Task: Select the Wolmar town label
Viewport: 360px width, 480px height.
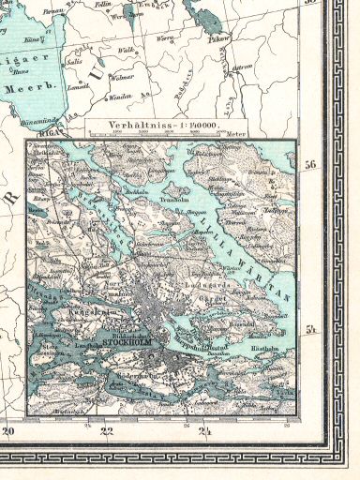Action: (x=123, y=78)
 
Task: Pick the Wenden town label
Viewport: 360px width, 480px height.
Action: (x=120, y=97)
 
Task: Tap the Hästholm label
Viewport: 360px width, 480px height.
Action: (x=265, y=348)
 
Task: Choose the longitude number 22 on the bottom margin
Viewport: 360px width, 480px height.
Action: (x=106, y=406)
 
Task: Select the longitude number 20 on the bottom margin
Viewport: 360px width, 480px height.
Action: (x=9, y=406)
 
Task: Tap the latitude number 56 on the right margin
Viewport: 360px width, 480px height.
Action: (x=310, y=138)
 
